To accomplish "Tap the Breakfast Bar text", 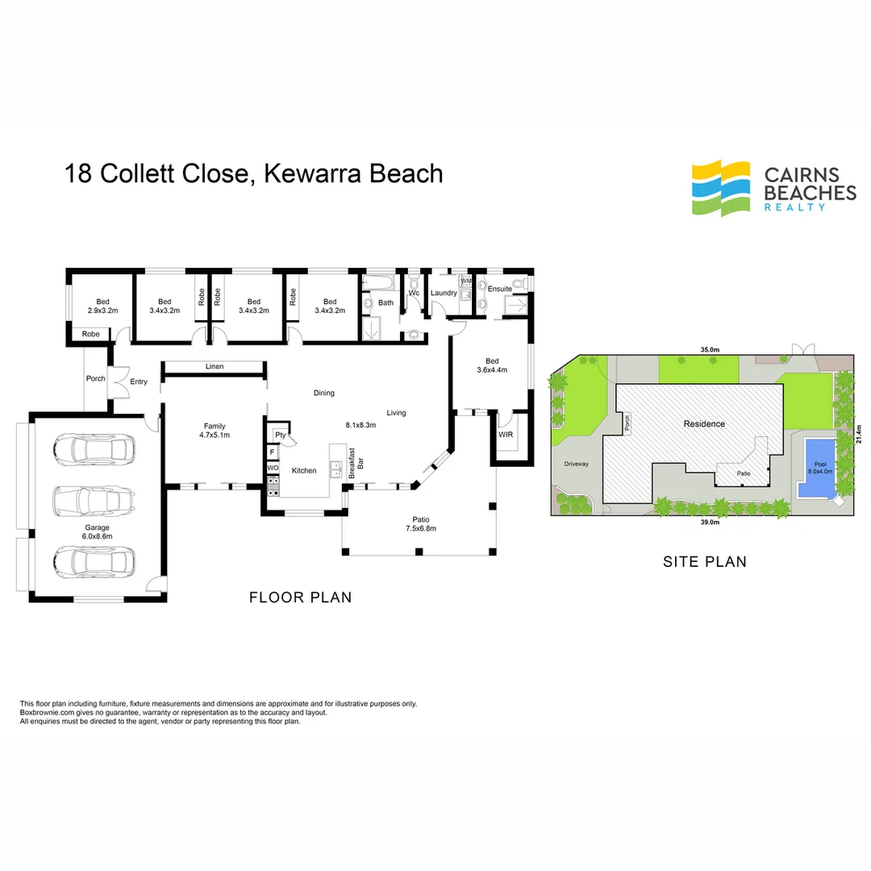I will (x=356, y=464).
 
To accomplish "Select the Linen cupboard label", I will (x=214, y=367).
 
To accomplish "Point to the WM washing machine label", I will (x=465, y=281).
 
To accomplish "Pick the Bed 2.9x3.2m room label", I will (x=98, y=306).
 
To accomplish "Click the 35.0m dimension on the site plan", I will (x=710, y=350).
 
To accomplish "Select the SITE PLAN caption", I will (x=705, y=561).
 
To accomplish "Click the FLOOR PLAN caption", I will (x=300, y=598).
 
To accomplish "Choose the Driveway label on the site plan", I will (x=577, y=465).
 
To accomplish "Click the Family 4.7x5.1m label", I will (x=215, y=431).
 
